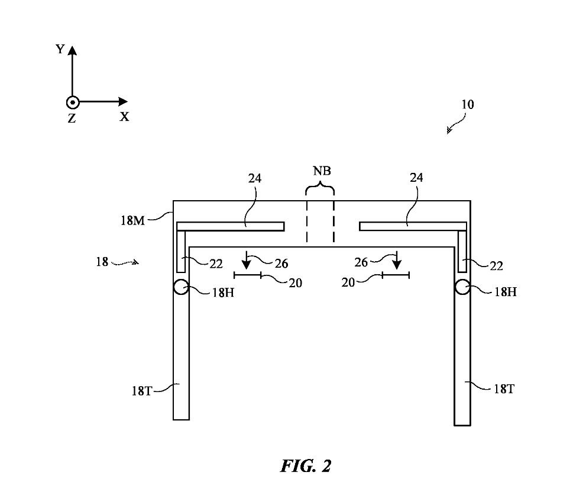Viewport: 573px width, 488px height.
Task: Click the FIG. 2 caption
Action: click(306, 467)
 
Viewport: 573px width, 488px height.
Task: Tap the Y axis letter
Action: click(60, 49)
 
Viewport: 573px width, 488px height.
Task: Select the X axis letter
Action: click(125, 117)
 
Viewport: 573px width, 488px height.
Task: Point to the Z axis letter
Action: click(72, 118)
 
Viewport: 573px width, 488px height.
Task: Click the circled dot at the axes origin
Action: click(73, 102)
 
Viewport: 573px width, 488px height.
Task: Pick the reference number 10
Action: click(467, 105)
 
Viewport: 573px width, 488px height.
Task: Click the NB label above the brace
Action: click(322, 171)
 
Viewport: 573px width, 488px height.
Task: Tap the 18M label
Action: click(132, 221)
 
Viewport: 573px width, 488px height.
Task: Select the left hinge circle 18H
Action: click(181, 287)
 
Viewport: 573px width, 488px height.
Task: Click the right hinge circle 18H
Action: click(462, 287)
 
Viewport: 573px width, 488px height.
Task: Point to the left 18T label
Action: click(141, 391)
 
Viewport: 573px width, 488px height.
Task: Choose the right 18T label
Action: click(504, 389)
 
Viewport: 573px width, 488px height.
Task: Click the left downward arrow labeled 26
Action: click(247, 261)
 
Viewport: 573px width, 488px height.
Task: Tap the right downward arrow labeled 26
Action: click(397, 261)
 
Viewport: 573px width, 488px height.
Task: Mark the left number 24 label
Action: click(255, 178)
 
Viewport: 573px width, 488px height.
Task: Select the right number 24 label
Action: click(416, 178)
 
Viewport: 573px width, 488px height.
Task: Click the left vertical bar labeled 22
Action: click(181, 252)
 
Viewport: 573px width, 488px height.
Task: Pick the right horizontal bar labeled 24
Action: click(413, 226)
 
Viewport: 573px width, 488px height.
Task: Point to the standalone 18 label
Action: click(102, 262)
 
